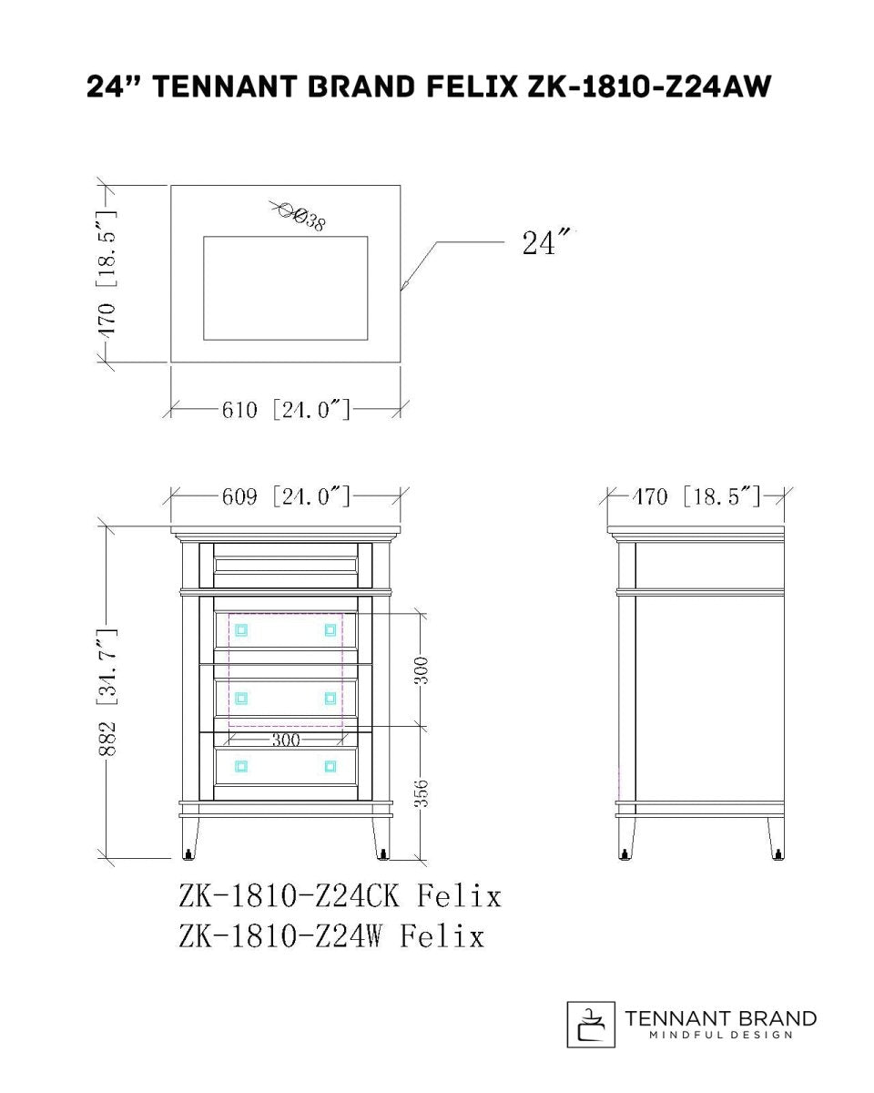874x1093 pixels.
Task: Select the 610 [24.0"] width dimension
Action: pyautogui.click(x=286, y=410)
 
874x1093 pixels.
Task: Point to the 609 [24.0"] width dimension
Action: pyautogui.click(x=286, y=496)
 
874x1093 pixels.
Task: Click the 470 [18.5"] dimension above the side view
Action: pyautogui.click(x=696, y=496)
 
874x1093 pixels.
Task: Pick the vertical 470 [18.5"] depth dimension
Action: pyautogui.click(x=107, y=274)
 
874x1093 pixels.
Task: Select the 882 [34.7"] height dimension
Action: pyautogui.click(x=107, y=692)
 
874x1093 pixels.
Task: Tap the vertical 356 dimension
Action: pyautogui.click(x=422, y=792)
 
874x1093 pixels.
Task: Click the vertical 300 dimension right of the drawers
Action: pyautogui.click(x=422, y=670)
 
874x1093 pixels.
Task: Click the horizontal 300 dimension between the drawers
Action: pyautogui.click(x=286, y=741)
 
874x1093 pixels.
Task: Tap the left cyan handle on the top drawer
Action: pyautogui.click(x=241, y=630)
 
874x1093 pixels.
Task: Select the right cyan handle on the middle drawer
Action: pyautogui.click(x=330, y=699)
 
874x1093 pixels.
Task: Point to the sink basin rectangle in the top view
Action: pyautogui.click(x=286, y=289)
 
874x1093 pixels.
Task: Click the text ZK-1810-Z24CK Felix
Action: pyautogui.click(x=340, y=896)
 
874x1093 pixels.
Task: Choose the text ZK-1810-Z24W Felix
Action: pyautogui.click(x=331, y=936)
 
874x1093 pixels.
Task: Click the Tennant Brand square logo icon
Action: pyautogui.click(x=591, y=1025)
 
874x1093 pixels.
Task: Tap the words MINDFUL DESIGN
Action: pyautogui.click(x=720, y=1035)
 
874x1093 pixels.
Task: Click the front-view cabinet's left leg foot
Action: pyautogui.click(x=188, y=854)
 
